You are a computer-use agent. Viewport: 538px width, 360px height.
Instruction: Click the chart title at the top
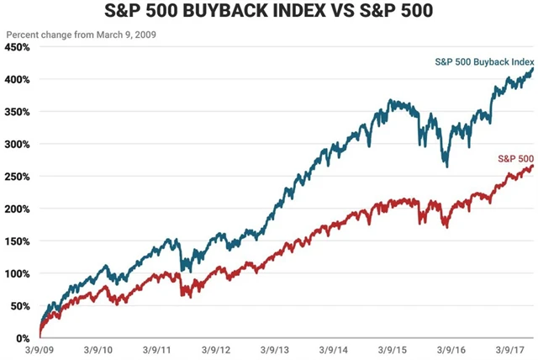pyautogui.click(x=269, y=14)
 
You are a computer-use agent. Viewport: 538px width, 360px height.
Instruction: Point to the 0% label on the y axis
pyautogui.click(x=23, y=338)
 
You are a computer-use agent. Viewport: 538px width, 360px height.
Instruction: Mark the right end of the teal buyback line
pyautogui.click(x=533, y=70)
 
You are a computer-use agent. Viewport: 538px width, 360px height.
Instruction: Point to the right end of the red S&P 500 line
pyautogui.click(x=533, y=167)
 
